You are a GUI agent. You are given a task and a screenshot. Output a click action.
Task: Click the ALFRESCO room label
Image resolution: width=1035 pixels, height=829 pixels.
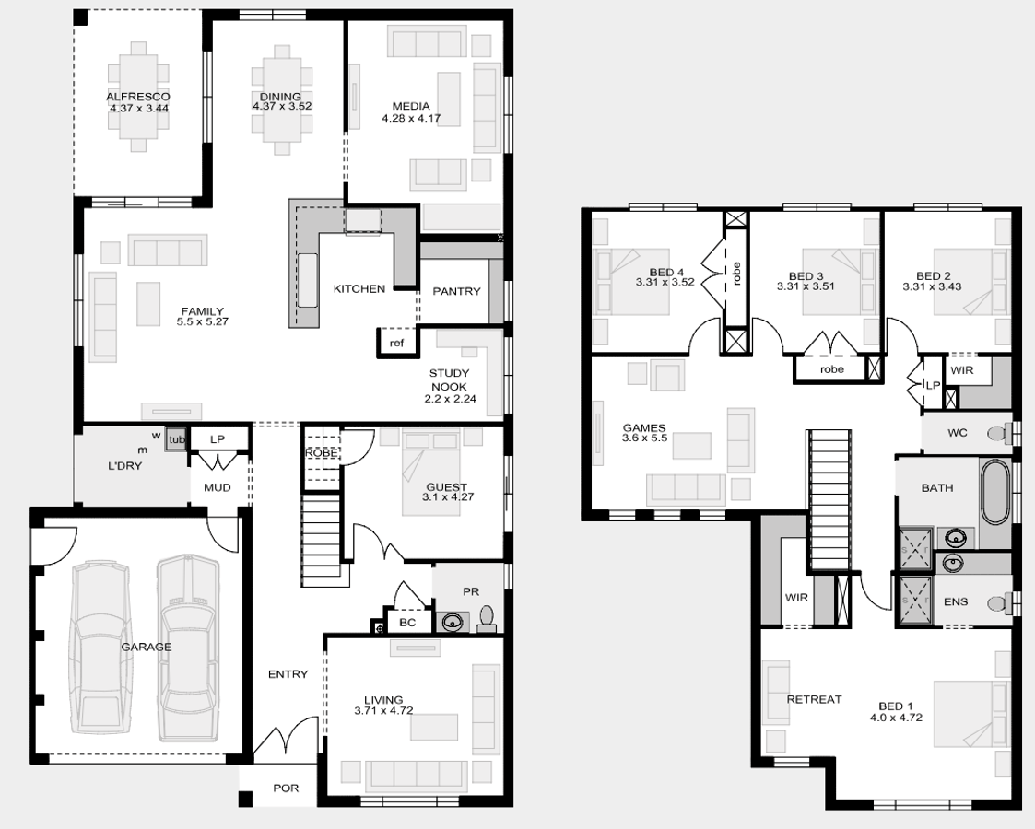click(138, 97)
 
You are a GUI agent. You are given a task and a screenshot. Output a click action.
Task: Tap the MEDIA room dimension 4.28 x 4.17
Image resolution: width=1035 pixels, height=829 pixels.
click(410, 118)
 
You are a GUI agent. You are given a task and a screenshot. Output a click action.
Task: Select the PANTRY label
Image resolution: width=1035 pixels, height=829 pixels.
click(456, 291)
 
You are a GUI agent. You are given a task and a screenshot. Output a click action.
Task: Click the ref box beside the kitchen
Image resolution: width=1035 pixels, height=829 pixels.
click(396, 343)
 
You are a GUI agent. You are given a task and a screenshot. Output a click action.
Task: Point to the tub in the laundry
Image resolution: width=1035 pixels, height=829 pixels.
click(176, 439)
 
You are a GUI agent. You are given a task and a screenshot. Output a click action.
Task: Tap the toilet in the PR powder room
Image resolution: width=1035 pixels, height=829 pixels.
click(487, 620)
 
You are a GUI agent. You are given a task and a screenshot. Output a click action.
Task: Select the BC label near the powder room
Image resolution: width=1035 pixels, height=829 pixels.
click(407, 622)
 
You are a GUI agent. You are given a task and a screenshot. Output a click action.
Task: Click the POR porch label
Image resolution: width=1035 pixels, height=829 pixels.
click(286, 788)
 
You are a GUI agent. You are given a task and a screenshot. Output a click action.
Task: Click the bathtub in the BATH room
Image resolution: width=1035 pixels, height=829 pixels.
click(995, 492)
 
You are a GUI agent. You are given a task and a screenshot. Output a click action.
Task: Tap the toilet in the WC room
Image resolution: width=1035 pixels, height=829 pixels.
click(999, 433)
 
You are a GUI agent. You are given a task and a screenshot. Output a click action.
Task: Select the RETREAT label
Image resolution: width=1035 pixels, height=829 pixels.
click(814, 699)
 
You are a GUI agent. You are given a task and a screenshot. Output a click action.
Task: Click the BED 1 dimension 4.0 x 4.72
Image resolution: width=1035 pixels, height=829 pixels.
click(896, 717)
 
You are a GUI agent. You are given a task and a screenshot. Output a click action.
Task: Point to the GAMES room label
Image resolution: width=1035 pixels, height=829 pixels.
click(643, 427)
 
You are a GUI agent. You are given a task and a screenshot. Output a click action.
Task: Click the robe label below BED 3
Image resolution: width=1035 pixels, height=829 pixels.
click(831, 369)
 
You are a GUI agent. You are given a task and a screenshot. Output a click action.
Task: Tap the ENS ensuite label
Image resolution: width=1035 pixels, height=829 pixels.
click(956, 601)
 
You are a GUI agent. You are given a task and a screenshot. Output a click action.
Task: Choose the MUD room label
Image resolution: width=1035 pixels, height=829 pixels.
click(218, 487)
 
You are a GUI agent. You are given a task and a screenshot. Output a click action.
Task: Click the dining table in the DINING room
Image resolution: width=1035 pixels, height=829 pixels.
click(282, 99)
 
